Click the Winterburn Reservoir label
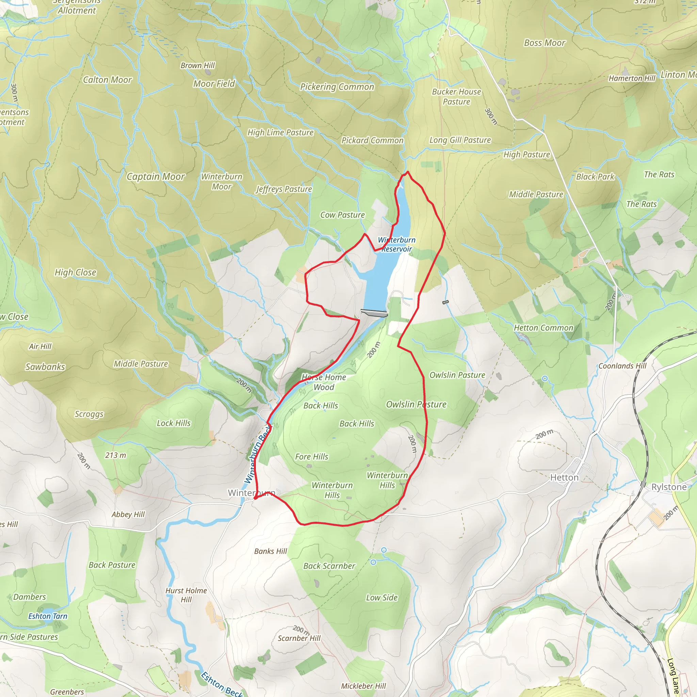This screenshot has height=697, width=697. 396,244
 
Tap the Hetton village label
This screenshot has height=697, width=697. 564,477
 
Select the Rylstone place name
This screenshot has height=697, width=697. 668,487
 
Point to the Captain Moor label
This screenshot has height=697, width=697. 156,176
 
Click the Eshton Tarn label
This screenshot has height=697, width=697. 48,616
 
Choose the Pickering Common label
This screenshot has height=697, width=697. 337,86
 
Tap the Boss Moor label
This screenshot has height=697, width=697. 544,43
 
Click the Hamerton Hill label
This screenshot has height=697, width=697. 631,78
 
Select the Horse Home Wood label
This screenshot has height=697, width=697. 324,382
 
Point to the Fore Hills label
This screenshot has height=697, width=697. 311,456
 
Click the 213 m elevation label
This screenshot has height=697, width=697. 115,455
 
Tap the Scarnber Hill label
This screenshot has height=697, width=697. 299,638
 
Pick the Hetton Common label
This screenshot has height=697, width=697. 543,328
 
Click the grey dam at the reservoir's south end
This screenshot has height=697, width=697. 374,313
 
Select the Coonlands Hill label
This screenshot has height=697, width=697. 622,366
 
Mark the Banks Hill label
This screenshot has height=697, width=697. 270,551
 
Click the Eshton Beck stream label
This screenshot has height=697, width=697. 222,684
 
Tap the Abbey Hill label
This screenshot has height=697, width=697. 128,514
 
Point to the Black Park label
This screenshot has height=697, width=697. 595,176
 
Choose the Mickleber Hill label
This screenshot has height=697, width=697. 363,686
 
